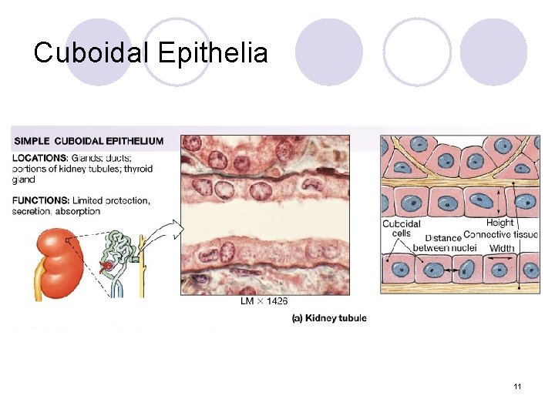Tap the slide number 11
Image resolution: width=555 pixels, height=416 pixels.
516,385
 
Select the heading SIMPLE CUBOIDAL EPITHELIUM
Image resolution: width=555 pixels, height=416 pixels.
88,141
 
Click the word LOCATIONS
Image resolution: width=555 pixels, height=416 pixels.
39,158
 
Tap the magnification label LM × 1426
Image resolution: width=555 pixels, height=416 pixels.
266,301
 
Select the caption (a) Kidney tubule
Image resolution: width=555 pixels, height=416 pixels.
329,318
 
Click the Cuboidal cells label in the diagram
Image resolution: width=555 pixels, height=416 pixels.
401,228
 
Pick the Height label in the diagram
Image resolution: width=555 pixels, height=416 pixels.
499,223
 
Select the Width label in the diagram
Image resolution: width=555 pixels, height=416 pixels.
502,248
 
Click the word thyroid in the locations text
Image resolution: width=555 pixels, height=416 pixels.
137,169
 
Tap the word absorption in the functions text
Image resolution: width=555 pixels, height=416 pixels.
77,211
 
